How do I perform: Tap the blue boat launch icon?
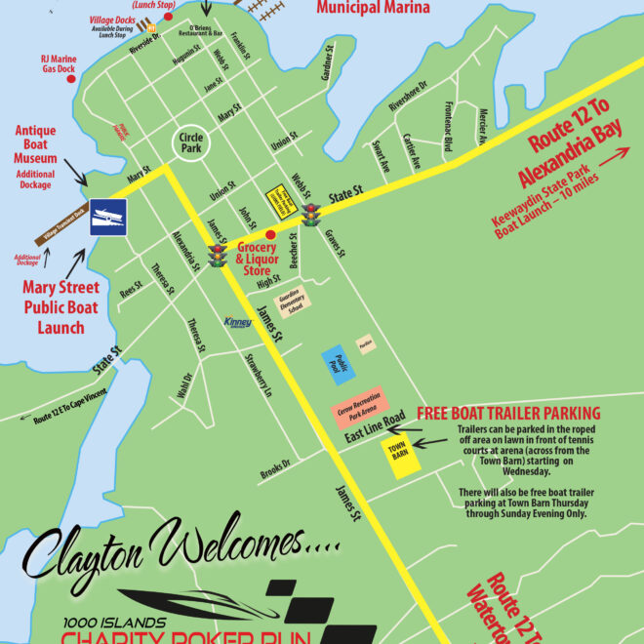point(107,217)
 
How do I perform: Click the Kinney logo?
point(238,321)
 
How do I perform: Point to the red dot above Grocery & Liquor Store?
point(270,234)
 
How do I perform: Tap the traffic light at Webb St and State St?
point(311,214)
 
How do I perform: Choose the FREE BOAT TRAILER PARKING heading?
point(508,413)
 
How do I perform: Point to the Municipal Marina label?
point(373,9)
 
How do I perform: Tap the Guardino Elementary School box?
point(295,301)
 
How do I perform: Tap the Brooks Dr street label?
point(275,467)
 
